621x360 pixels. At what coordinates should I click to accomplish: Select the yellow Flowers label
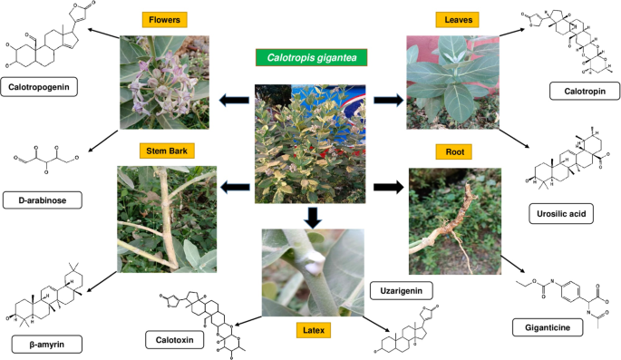pos(164,19)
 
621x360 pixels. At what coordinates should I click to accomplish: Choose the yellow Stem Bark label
pos(164,150)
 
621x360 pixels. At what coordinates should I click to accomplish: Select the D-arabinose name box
pos(38,198)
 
